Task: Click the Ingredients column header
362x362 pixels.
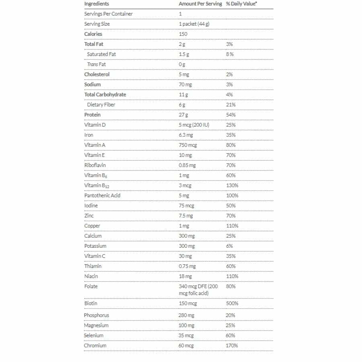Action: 97,4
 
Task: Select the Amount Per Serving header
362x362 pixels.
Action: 200,4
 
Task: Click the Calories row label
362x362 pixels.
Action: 93,34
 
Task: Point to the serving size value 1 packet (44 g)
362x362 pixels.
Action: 194,24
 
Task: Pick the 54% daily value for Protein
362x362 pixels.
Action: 231,115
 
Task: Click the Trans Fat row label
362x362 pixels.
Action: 97,64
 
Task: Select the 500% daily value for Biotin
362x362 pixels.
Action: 232,303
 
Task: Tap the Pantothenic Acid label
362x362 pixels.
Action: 102,195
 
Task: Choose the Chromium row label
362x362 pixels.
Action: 95,346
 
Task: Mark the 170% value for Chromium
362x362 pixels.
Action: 232,346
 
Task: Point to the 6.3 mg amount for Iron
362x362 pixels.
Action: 186,135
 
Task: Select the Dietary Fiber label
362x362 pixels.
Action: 101,105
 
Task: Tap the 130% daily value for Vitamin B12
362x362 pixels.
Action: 232,185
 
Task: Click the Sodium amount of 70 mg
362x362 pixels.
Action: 185,84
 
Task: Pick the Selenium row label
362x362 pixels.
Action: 94,335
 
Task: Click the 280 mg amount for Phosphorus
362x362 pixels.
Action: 186,315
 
